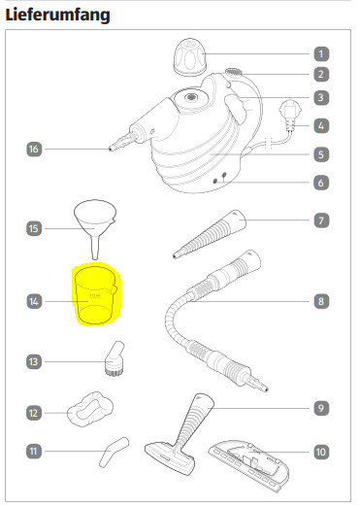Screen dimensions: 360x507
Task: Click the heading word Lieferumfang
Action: pos(58,15)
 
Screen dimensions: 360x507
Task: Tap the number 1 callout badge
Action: pos(321,53)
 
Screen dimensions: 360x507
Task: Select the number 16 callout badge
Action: pos(34,149)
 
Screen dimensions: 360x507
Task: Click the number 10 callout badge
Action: pos(321,452)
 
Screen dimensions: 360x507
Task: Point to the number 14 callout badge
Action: pos(34,301)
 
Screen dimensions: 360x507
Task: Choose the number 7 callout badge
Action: pos(321,220)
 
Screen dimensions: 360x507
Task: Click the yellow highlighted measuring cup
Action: pos(95,294)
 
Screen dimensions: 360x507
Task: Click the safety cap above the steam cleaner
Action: pos(190,57)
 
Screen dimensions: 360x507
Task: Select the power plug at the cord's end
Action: pos(290,116)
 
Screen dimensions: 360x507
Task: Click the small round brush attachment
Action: pos(115,358)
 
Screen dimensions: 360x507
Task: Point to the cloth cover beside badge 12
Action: pos(90,409)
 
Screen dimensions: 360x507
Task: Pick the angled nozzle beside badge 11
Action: pos(114,452)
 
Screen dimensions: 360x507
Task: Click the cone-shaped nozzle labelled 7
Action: pos(210,234)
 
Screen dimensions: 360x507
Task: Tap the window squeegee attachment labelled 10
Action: pos(249,465)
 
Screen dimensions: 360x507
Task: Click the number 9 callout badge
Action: pos(321,408)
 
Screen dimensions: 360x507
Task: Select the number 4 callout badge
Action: pos(321,125)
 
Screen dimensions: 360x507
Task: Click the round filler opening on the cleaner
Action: pos(190,97)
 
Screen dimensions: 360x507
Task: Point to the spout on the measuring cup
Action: pos(114,289)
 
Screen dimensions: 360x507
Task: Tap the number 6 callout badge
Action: pos(321,183)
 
